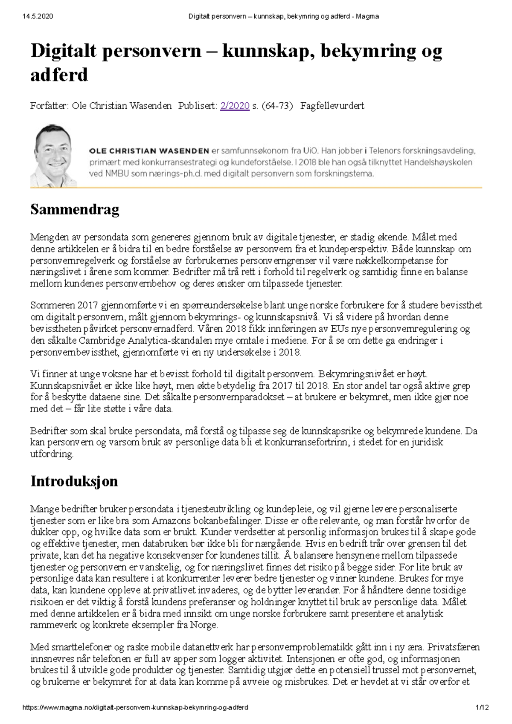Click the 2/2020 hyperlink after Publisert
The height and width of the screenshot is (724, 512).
coord(235,106)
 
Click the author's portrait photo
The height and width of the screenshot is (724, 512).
coord(53,156)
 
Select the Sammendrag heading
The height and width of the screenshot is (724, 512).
coord(75,209)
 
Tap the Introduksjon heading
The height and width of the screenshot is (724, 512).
coord(74,481)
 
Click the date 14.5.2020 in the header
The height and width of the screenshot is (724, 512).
coord(38,16)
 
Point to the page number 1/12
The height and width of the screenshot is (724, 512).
coord(482,707)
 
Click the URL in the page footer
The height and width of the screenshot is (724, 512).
coord(135,707)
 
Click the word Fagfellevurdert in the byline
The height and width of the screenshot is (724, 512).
coord(332,106)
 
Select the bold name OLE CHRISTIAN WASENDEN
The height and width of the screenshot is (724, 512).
coord(149,151)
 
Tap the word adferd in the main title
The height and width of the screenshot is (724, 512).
coord(59,75)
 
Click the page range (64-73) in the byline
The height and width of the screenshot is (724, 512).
coord(277,106)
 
